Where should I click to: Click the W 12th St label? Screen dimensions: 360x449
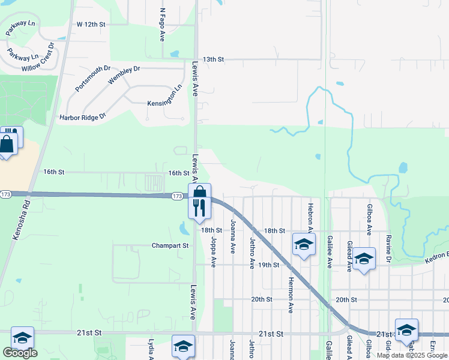[x=91, y=24]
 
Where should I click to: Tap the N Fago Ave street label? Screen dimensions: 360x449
[x=162, y=25]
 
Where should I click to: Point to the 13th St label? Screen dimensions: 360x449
[x=213, y=59]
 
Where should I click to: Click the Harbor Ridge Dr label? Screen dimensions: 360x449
[x=82, y=116]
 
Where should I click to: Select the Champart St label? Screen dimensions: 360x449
[x=170, y=245]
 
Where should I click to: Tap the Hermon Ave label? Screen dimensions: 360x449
[x=291, y=294]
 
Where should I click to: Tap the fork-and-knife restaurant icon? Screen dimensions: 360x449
[x=200, y=208]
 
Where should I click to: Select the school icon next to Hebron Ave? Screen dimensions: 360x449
[x=304, y=244]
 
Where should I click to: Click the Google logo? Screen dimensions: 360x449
[x=20, y=353]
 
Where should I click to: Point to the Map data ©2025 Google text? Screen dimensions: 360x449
[x=412, y=355]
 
